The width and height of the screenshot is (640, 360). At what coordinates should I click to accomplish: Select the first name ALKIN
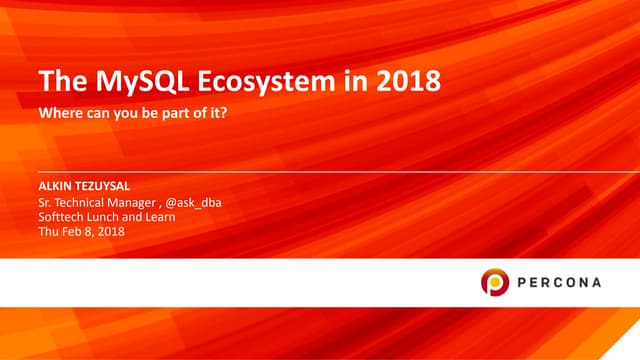pyautogui.click(x=54, y=187)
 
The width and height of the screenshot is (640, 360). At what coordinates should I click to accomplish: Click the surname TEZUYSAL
pyautogui.click(x=107, y=187)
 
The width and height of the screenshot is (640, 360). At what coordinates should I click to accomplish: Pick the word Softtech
pyautogui.click(x=62, y=217)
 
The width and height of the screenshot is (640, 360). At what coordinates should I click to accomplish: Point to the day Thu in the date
pyautogui.click(x=48, y=232)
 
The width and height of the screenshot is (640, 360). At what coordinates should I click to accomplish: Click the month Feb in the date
pyautogui.click(x=73, y=232)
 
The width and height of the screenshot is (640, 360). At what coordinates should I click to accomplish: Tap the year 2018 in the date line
pyautogui.click(x=112, y=232)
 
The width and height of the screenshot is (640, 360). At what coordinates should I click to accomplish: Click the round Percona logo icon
pyautogui.click(x=496, y=282)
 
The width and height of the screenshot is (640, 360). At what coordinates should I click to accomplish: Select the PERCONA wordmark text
pyautogui.click(x=560, y=282)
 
